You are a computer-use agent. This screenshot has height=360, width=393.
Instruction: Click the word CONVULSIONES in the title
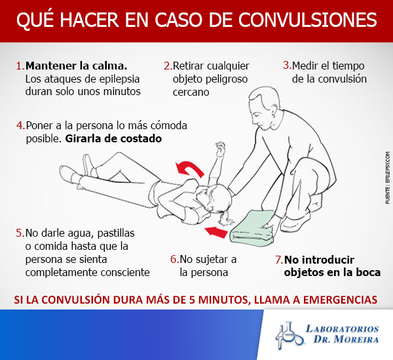coord(308,20)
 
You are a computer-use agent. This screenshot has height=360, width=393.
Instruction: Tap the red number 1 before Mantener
coord(20,66)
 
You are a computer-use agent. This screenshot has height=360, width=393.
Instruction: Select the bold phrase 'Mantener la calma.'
coord(76,66)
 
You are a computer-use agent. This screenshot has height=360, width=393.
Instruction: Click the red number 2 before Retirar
coord(168,66)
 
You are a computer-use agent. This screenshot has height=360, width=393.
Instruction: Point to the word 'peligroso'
coord(210,79)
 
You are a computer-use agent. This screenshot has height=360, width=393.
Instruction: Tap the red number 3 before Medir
coord(288,66)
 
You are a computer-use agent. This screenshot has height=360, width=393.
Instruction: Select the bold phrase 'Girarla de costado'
coord(113,138)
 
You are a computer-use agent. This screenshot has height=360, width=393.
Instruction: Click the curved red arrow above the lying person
coord(191,169)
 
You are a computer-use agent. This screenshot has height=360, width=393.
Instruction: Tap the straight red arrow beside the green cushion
coord(216,231)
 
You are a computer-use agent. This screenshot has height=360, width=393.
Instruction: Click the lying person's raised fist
coord(220,147)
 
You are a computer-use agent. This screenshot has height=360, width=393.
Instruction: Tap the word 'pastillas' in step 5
coord(116,233)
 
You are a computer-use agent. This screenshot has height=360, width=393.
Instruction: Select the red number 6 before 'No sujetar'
coord(174,260)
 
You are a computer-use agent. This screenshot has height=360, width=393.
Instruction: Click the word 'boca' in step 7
coord(369,272)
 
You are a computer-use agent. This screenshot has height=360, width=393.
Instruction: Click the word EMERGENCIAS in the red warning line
coord(340,300)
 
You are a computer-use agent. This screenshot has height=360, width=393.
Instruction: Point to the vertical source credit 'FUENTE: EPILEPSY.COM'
coord(388,177)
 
